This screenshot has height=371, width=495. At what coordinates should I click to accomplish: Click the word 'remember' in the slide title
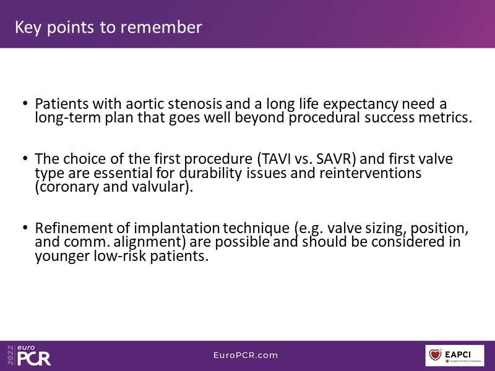click(161, 27)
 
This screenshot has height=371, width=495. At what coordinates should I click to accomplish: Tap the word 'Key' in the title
click(28, 28)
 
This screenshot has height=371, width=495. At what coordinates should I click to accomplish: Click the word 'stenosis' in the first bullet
click(195, 104)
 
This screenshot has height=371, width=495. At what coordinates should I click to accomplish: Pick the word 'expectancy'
click(361, 104)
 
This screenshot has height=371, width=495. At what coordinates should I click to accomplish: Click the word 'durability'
click(210, 173)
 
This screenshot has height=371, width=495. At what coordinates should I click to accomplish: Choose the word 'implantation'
click(176, 228)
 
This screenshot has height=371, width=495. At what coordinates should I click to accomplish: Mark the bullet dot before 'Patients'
click(25, 103)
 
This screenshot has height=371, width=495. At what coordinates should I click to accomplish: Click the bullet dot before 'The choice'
click(25, 158)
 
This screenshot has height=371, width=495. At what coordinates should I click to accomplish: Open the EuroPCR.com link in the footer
click(246, 355)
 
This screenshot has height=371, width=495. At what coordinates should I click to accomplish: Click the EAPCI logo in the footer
click(455, 356)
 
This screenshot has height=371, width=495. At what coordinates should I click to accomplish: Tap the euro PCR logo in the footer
click(34, 355)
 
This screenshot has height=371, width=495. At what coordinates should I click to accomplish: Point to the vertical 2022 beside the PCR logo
click(11, 355)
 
